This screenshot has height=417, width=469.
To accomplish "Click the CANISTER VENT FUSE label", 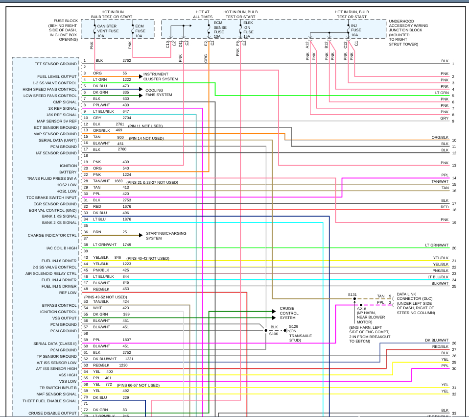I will [108, 31].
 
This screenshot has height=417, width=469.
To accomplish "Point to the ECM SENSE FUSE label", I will [220, 31].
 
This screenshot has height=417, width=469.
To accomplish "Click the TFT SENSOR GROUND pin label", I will [56, 64].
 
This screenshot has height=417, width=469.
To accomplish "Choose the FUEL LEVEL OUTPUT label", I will [57, 76].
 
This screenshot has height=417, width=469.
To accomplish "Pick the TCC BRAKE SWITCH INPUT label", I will [52, 197].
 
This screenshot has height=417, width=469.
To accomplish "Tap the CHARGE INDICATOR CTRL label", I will [52, 235].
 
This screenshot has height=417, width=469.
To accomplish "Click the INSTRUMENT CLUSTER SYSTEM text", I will [161, 76].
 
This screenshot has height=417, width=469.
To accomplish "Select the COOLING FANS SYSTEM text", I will [159, 92].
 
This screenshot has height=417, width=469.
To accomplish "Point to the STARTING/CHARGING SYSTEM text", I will [166, 236].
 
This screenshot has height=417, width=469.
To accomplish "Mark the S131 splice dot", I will [354, 298].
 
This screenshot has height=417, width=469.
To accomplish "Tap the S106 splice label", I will [274, 334].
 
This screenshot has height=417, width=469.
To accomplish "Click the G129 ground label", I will [293, 326].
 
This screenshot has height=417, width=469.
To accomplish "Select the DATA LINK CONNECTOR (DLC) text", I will [414, 298].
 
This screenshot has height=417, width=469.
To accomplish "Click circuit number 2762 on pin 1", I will [127, 60].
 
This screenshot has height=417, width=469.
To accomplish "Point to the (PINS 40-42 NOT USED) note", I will [147, 258].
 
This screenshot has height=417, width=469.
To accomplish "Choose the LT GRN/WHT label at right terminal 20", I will [437, 245].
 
